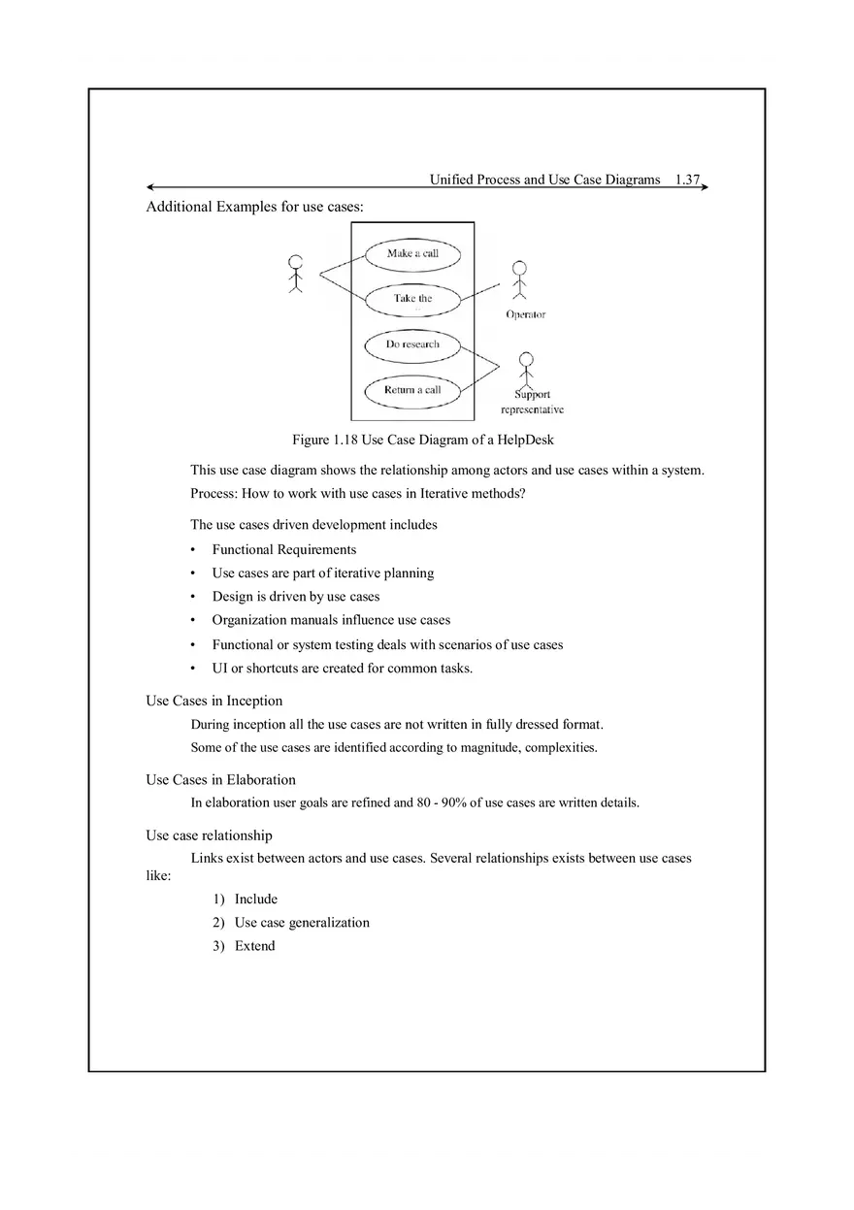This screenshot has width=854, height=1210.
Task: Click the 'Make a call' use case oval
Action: [412, 254]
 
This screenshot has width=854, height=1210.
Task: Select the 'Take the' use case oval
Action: [412, 299]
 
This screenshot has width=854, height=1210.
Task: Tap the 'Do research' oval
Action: [412, 344]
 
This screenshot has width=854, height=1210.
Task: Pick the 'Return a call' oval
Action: [412, 390]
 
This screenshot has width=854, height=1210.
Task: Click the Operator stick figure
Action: [520, 279]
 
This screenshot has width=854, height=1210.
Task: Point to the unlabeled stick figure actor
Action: [296, 274]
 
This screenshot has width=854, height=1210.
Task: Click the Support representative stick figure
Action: [526, 369]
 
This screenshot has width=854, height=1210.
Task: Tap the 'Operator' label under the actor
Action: [525, 314]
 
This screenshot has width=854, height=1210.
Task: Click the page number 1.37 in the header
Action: [687, 180]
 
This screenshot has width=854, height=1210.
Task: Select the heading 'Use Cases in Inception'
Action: [213, 701]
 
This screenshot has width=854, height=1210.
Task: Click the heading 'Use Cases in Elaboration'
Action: [220, 779]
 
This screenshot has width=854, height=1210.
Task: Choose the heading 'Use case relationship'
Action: [209, 835]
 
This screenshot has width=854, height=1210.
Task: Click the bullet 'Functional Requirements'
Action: [283, 549]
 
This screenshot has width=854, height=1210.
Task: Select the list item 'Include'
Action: [255, 899]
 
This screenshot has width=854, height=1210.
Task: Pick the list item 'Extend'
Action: [254, 946]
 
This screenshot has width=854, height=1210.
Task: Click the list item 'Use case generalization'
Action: [302, 923]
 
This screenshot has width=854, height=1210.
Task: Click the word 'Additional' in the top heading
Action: [179, 207]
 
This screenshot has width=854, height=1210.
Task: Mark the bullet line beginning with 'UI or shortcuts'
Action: [342, 668]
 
